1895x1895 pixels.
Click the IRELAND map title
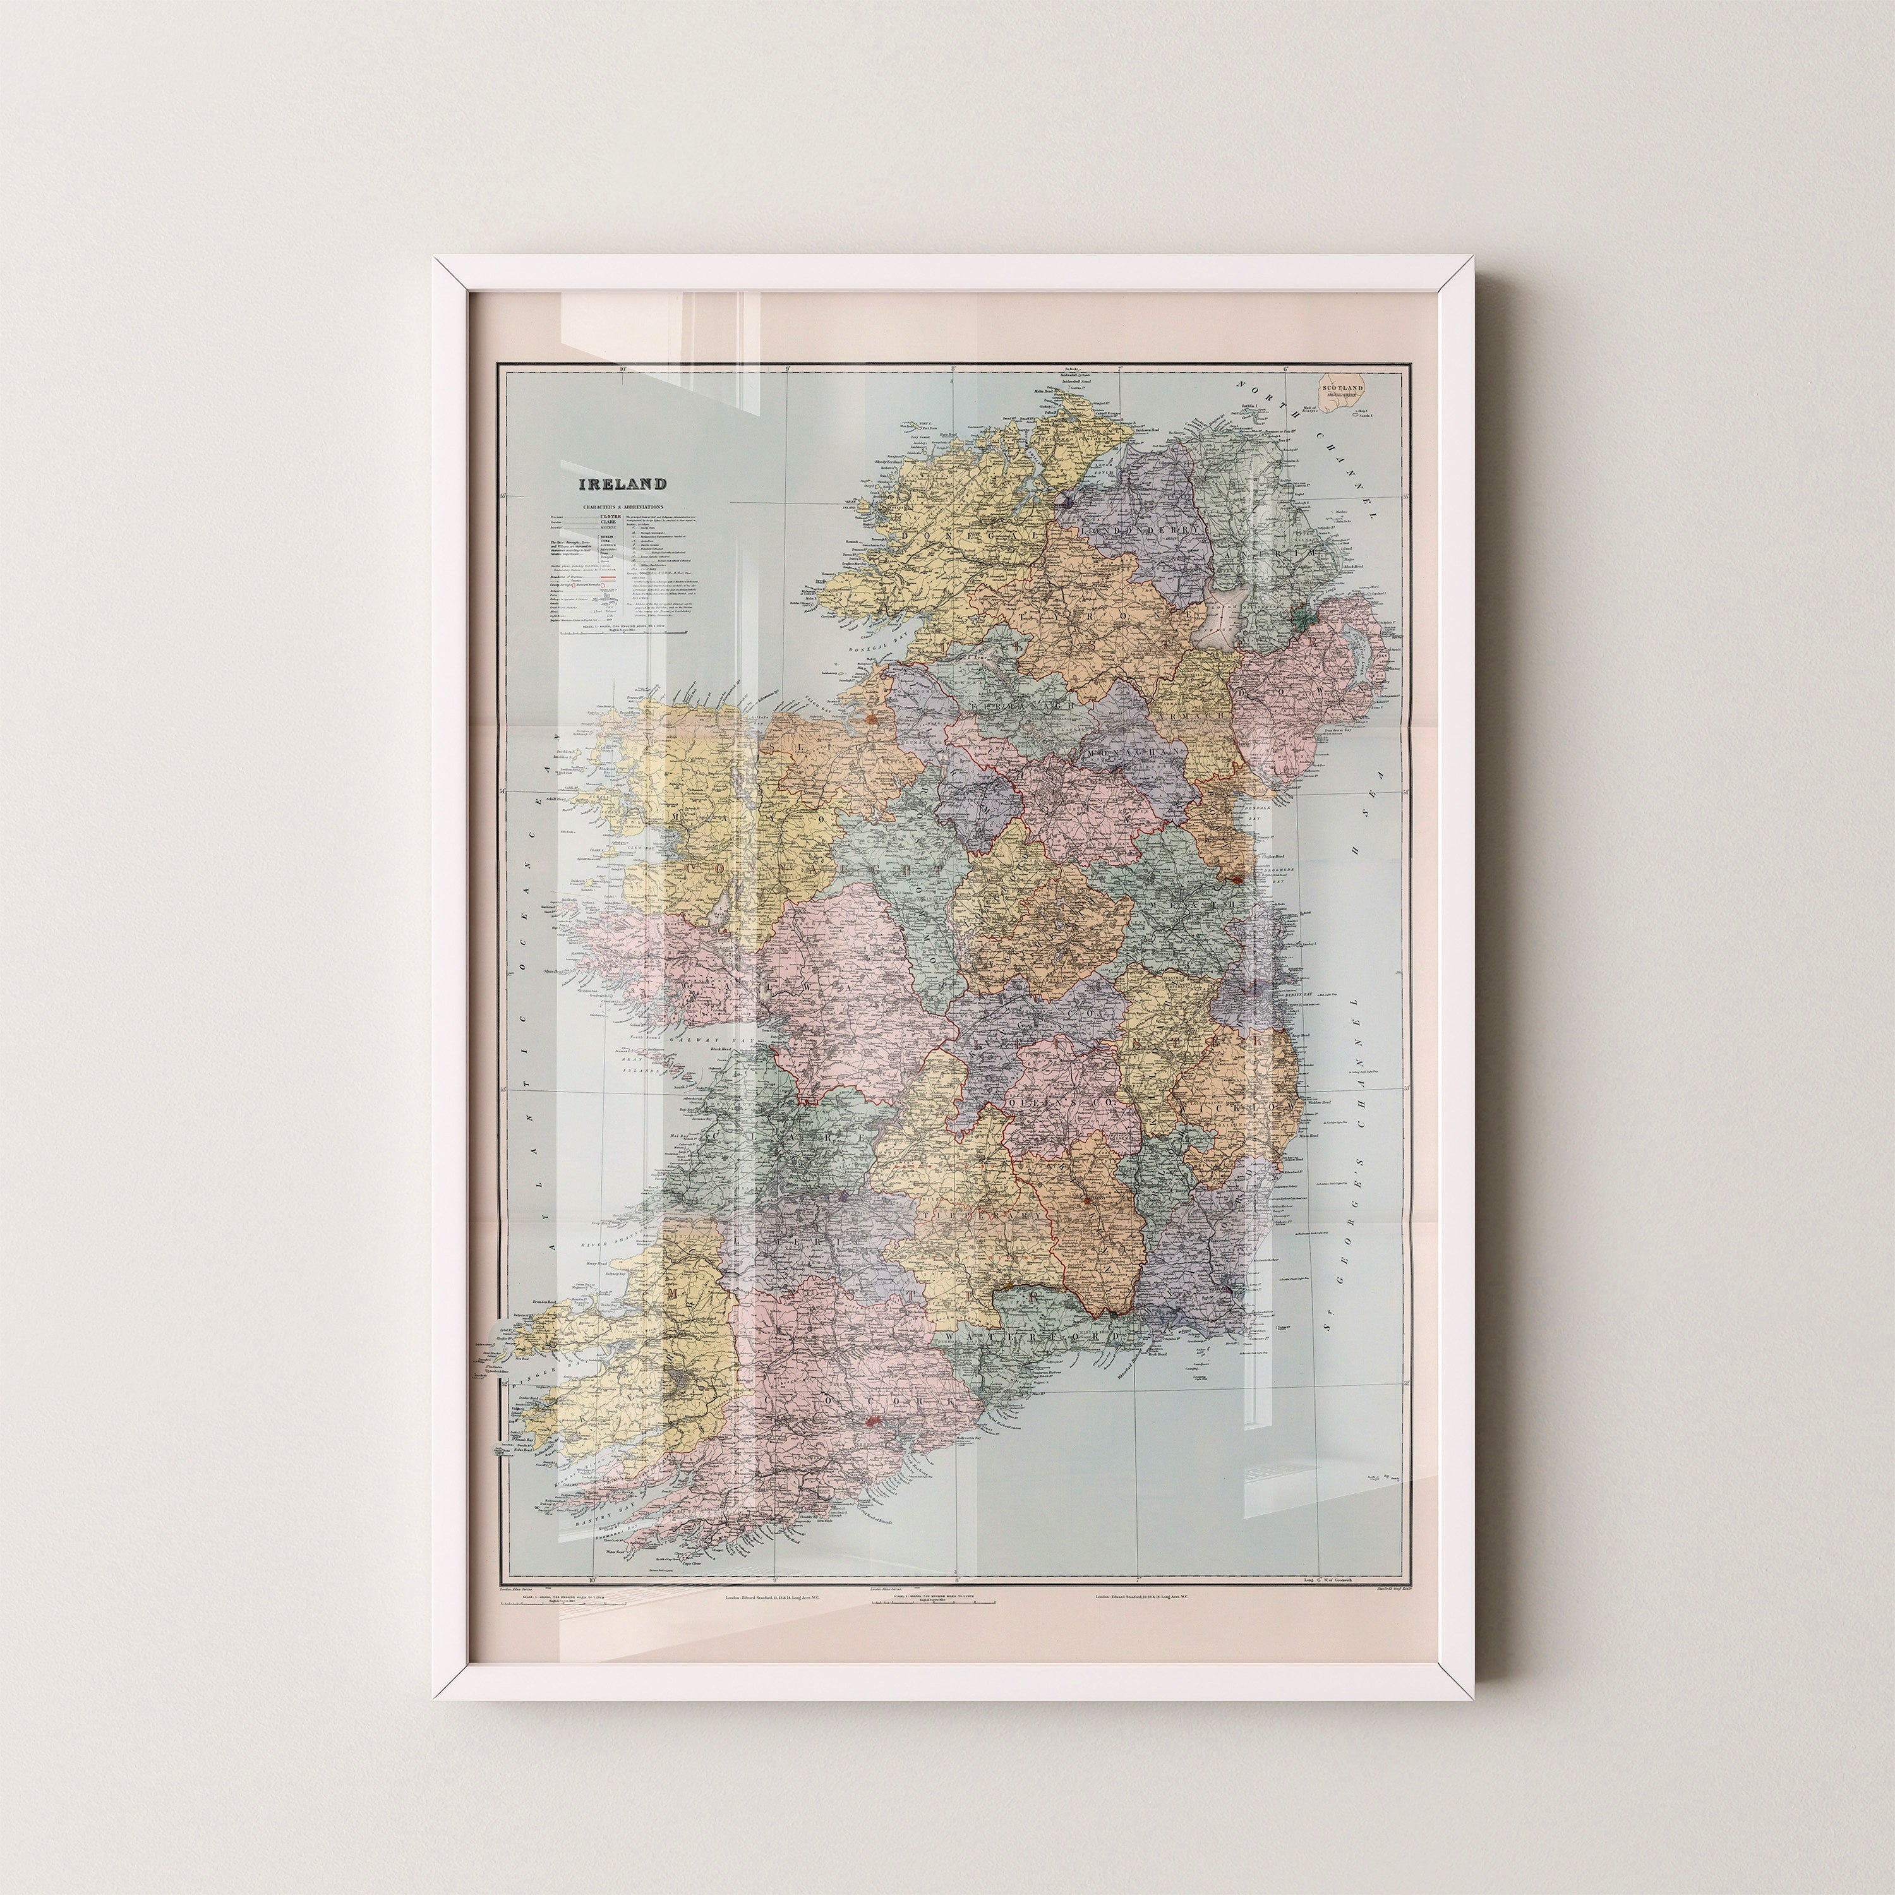pyautogui.click(x=622, y=484)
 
